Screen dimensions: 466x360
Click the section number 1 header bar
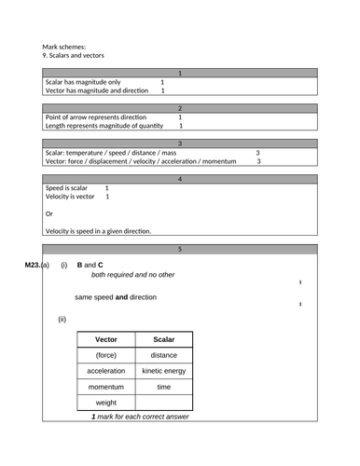[180, 73]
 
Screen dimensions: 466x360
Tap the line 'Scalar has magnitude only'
[83, 82]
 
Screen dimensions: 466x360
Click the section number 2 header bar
[180, 108]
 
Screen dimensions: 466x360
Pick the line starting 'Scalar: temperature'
[111, 153]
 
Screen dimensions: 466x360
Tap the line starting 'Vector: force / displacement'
[140, 161]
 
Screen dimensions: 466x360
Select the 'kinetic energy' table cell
[163, 371]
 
